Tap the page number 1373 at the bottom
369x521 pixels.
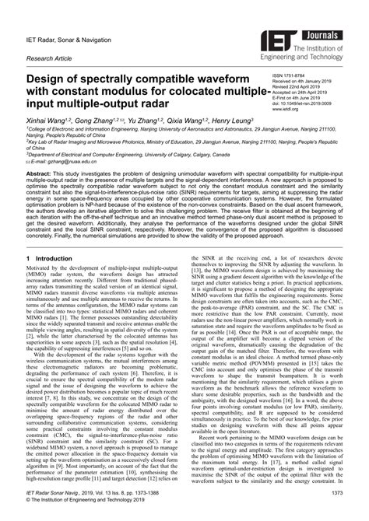point(333,504)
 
